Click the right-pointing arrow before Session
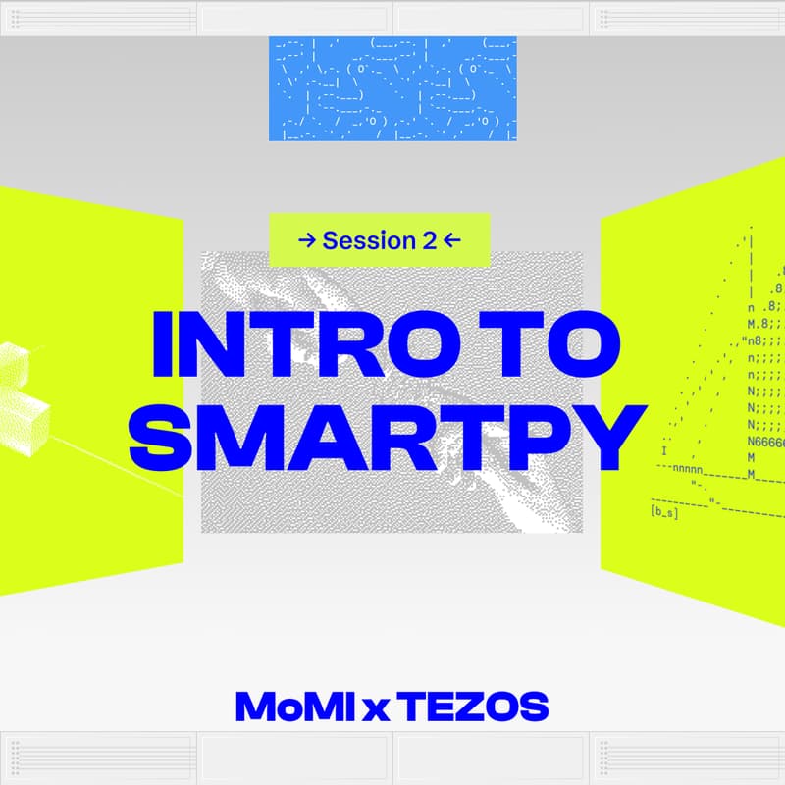tap(306, 240)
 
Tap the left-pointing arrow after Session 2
tap(451, 240)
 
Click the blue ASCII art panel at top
tap(392, 88)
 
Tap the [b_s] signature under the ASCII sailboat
tap(664, 512)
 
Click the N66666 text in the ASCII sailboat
tap(765, 443)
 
